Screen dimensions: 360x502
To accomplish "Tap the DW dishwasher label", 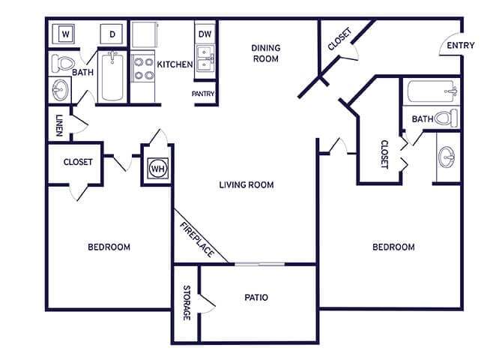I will pyautogui.click(x=205, y=34).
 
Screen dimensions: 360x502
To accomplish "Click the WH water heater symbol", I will pyautogui.click(x=157, y=169).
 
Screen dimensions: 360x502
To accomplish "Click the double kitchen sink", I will pyautogui.click(x=205, y=57).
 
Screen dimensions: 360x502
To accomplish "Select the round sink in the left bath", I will pyautogui.click(x=61, y=90).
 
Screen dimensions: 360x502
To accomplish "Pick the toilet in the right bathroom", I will pyautogui.click(x=447, y=118).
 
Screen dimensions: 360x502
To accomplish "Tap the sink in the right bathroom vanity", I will pyautogui.click(x=447, y=157).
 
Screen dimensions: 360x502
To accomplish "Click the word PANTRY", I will pyautogui.click(x=204, y=94).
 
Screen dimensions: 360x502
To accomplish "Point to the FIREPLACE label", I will pyautogui.click(x=196, y=238).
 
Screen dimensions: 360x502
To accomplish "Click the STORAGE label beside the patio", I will pyautogui.click(x=187, y=303).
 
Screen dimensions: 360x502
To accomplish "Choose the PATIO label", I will pyautogui.click(x=256, y=298).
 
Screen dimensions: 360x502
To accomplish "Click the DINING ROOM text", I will pyautogui.click(x=265, y=52).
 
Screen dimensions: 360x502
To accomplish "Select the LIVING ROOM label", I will pyautogui.click(x=246, y=184).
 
